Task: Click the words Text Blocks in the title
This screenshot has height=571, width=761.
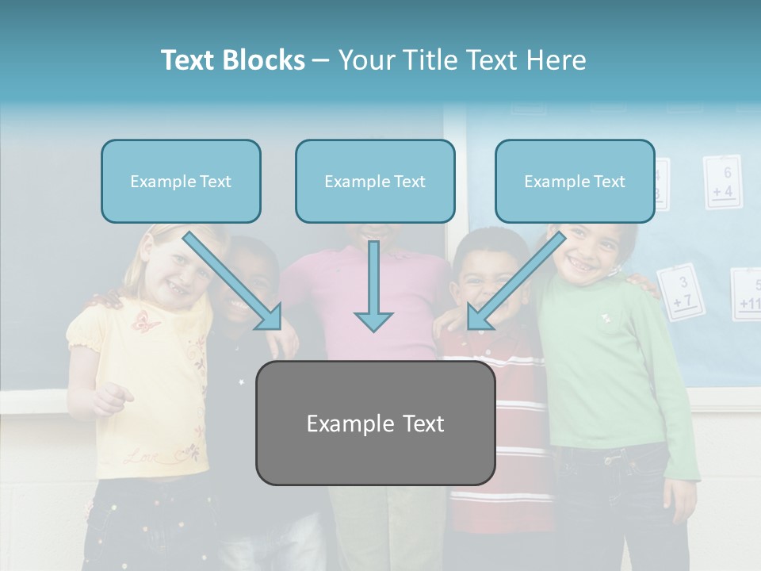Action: (x=232, y=60)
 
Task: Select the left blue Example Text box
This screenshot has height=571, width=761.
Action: (x=181, y=182)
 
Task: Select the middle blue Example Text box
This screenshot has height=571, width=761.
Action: (x=375, y=182)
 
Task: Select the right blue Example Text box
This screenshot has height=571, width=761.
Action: (x=575, y=182)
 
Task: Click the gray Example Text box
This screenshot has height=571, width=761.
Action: (x=375, y=423)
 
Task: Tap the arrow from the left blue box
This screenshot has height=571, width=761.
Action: (x=233, y=280)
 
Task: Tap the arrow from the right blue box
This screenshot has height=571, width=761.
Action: (x=516, y=280)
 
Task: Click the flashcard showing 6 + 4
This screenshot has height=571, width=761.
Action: (x=722, y=182)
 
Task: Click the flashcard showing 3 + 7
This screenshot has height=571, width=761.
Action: (x=680, y=292)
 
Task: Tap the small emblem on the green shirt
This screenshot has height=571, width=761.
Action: (x=606, y=318)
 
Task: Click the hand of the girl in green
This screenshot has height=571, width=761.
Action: (x=680, y=500)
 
